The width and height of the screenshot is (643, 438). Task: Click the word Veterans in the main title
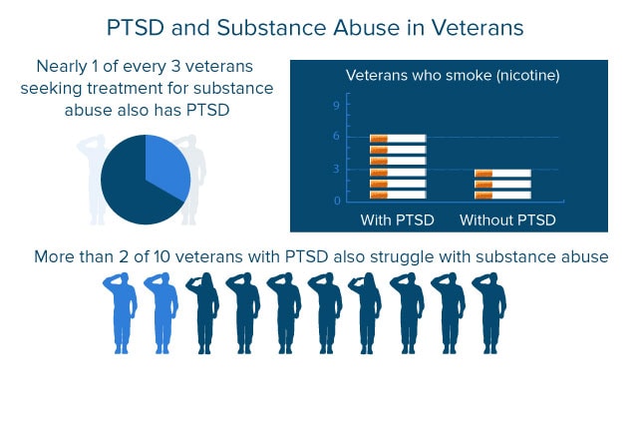[478, 28]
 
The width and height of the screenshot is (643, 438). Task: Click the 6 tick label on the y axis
[337, 136]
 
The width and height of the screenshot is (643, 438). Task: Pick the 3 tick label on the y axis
[337, 169]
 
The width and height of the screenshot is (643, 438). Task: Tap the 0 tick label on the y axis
[337, 201]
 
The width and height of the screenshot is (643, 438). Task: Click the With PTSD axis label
[397, 220]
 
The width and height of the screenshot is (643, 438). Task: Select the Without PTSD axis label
[507, 220]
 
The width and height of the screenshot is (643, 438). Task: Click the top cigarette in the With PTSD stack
[398, 139]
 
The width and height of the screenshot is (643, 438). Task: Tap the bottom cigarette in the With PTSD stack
[398, 195]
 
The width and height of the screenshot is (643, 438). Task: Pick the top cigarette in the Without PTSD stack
[502, 174]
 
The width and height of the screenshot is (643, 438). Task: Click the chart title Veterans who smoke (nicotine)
[453, 76]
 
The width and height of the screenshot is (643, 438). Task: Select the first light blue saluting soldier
[121, 313]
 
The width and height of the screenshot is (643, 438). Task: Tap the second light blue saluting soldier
[161, 313]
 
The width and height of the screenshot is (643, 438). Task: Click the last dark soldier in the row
[489, 313]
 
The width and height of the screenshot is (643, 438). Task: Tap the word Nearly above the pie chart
[62, 67]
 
